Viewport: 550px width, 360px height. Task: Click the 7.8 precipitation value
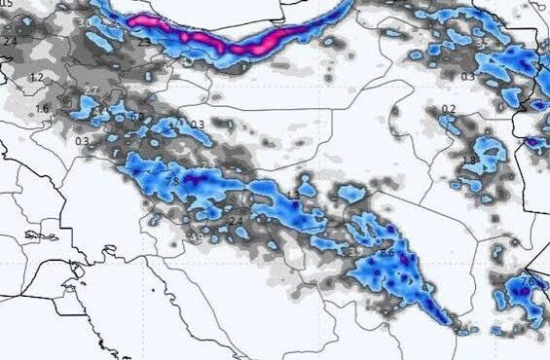pos(172,181)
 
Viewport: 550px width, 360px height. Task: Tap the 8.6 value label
pos(386,253)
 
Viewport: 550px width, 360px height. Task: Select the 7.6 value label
pos(527,281)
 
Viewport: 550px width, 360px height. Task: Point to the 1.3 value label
pos(294,197)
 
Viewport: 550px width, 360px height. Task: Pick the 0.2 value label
pos(449,109)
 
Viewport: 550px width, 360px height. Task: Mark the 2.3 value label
pos(143,42)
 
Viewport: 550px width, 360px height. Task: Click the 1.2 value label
pos(38,77)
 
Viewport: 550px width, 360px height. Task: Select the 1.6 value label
pos(42,109)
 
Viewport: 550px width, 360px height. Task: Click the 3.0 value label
pos(135,117)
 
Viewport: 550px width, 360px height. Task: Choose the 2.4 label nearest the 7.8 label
pos(235,221)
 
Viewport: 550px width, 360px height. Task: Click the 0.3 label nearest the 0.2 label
pos(468,77)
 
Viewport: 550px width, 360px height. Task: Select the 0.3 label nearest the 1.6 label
pos(81,142)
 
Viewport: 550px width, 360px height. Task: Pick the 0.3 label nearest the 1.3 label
pos(198,125)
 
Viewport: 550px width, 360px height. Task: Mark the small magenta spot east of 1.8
pos(532,142)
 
